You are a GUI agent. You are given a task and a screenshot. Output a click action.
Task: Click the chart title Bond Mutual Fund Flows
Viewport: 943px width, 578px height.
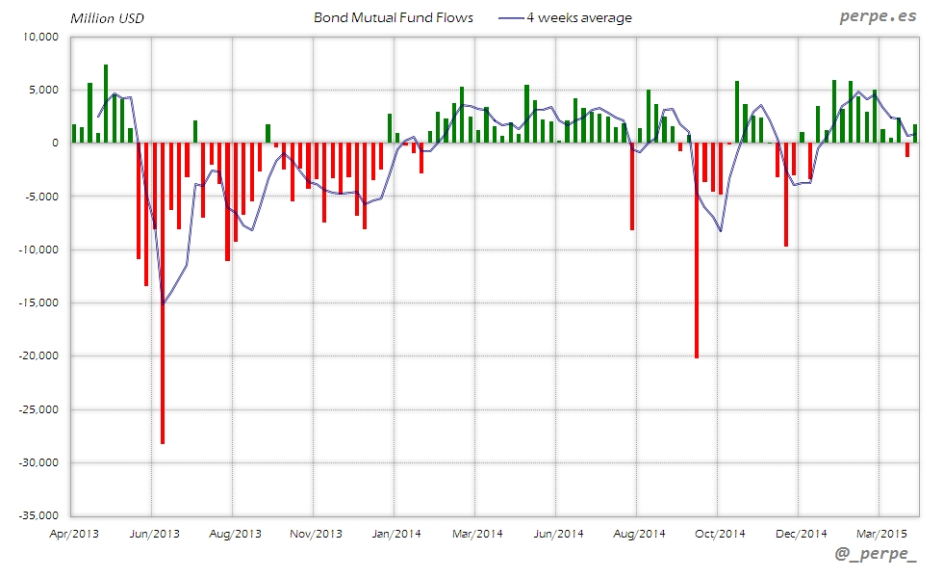click(394, 18)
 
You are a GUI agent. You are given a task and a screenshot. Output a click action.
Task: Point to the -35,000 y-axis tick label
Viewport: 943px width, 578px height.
click(38, 516)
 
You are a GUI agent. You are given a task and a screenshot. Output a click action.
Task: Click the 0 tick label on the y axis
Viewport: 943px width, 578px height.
click(55, 144)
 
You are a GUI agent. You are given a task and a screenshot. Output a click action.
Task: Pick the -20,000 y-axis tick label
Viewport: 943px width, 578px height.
click(38, 356)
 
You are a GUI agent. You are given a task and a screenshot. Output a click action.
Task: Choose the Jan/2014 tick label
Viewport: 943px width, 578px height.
click(395, 533)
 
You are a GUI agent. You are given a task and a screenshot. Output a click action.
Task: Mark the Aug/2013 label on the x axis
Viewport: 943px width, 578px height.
click(234, 533)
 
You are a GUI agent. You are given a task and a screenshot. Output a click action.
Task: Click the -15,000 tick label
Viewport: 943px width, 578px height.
click(38, 303)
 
